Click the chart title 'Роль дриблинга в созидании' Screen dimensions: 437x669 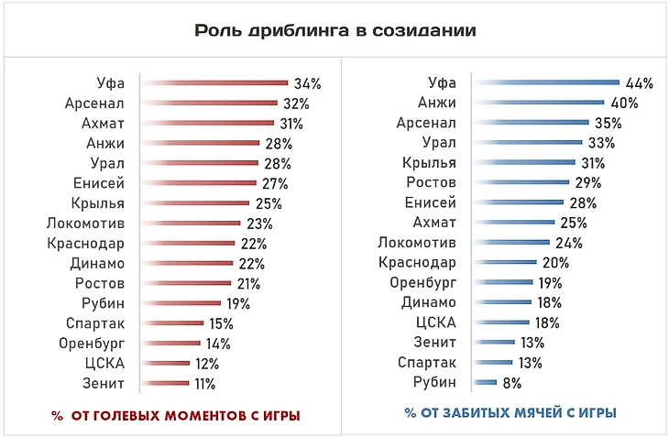click(334, 29)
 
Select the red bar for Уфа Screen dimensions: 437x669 click(215, 83)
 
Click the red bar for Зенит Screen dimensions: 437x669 click(166, 384)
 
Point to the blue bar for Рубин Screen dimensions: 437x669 click(485, 382)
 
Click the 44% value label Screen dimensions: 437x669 click(640, 83)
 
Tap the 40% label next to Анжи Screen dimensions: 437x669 click(624, 104)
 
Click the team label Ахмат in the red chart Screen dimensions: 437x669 click(104, 124)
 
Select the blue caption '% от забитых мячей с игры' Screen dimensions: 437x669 click(510, 414)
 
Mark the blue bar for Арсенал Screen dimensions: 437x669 click(531, 123)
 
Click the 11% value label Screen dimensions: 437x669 click(204, 384)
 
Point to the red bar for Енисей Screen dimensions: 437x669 click(201, 183)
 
